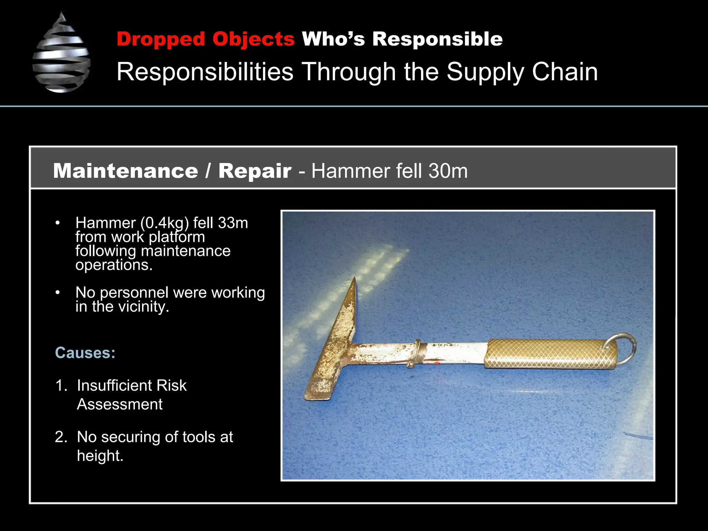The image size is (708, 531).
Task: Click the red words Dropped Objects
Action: [205, 39]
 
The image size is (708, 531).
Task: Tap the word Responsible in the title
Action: [437, 39]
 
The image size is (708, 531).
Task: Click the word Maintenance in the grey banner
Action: [125, 171]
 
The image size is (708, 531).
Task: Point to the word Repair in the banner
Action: [255, 171]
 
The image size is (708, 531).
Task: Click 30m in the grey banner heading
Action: [448, 171]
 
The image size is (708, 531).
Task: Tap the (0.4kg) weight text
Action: [165, 223]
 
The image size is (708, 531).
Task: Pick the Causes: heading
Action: [85, 353]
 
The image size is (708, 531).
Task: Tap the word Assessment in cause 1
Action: [120, 404]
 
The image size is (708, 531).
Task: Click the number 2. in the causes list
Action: [61, 437]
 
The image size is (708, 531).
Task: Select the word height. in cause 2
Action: [100, 456]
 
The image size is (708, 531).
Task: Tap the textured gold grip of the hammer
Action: [550, 354]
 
